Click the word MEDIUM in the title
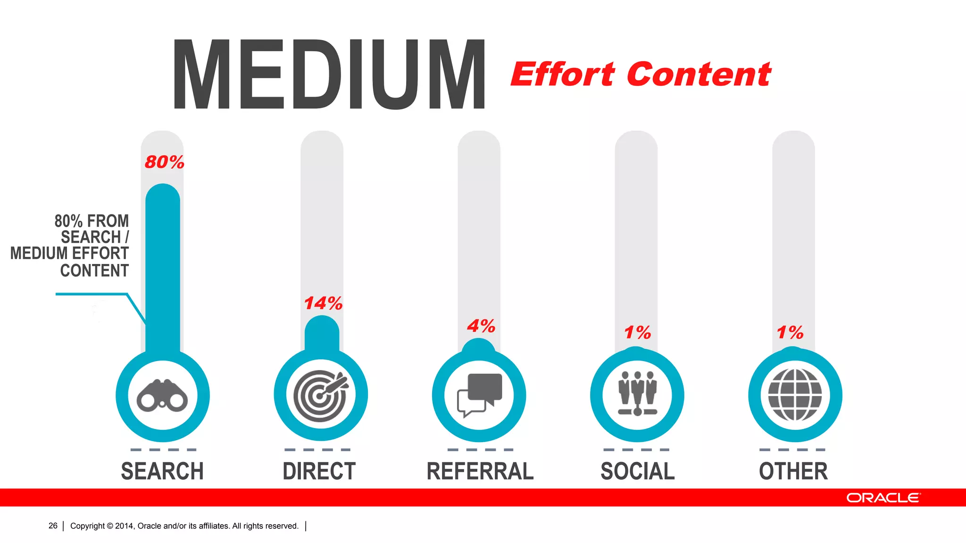pyautogui.click(x=329, y=74)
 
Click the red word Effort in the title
pyautogui.click(x=563, y=75)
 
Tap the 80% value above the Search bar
pyautogui.click(x=164, y=162)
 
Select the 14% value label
pyautogui.click(x=323, y=303)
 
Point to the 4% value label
pyautogui.click(x=481, y=326)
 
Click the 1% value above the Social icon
pyautogui.click(x=637, y=333)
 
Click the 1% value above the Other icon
pyautogui.click(x=790, y=333)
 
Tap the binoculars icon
pyautogui.click(x=162, y=396)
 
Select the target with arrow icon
pyautogui.click(x=321, y=395)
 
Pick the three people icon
pyautogui.click(x=637, y=394)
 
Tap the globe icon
pyautogui.click(x=795, y=395)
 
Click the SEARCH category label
pyautogui.click(x=162, y=471)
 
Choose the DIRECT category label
pyautogui.click(x=319, y=471)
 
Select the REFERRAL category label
pyautogui.click(x=480, y=471)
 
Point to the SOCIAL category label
pyautogui.click(x=638, y=471)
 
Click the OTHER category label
pyautogui.click(x=793, y=471)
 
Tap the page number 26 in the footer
pyautogui.click(x=53, y=526)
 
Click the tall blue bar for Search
pyautogui.click(x=163, y=269)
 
